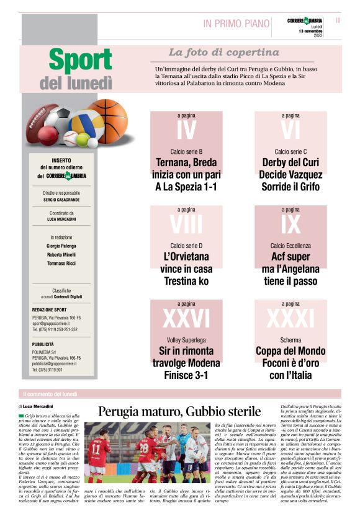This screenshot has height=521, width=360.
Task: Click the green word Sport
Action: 79,61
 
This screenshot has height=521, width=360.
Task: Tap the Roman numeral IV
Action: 186,130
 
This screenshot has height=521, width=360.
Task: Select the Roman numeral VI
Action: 290,130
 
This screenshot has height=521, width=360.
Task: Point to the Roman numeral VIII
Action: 186,224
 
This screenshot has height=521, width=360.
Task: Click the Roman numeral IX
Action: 290,224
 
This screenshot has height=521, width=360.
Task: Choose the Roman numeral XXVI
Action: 186,318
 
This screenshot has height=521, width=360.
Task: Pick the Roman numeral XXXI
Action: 290,318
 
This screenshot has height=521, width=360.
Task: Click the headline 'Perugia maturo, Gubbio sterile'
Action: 179,411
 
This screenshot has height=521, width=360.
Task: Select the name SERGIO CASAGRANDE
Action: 61,200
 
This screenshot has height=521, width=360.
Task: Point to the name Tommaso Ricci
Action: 61,262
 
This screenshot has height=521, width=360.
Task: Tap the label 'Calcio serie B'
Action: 186,151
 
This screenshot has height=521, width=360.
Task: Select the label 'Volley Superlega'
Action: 186,340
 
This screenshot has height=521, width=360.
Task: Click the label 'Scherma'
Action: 290,340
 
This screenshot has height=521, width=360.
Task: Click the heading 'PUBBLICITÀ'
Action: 43,344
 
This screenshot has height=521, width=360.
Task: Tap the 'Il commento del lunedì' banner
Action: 50,394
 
